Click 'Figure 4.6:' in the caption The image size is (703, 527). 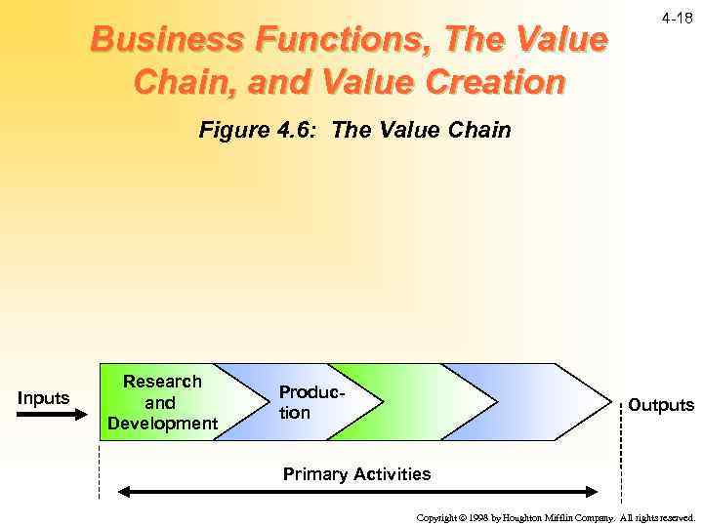(x=260, y=130)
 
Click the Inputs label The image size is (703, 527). (x=44, y=397)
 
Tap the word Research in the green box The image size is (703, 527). (x=162, y=382)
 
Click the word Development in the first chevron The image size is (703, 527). (x=162, y=424)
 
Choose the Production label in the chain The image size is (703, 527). (x=310, y=401)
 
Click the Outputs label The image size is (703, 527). (x=660, y=404)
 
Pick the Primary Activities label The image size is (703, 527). (x=356, y=474)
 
